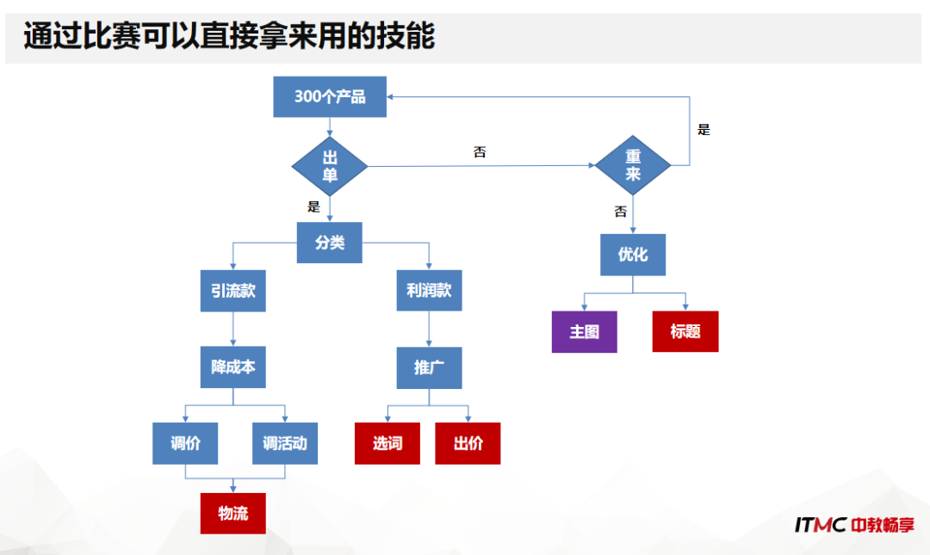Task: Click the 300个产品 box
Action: [330, 96]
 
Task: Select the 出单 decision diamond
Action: [330, 166]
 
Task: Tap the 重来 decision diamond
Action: [633, 166]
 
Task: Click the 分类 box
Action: [330, 243]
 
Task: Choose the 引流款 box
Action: [233, 291]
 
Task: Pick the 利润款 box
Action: [429, 291]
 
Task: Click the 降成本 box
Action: [233, 367]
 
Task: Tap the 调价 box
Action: [185, 444]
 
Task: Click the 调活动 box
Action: [285, 444]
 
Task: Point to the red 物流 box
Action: [233, 514]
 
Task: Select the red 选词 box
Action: [387, 444]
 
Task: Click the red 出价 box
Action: [468, 444]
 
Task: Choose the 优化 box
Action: [633, 255]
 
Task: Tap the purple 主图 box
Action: [584, 331]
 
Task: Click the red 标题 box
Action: [685, 331]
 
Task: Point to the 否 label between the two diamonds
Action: [480, 152]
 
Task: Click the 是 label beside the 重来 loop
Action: [704, 130]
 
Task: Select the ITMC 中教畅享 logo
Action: [854, 524]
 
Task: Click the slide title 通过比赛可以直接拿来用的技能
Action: [229, 37]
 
